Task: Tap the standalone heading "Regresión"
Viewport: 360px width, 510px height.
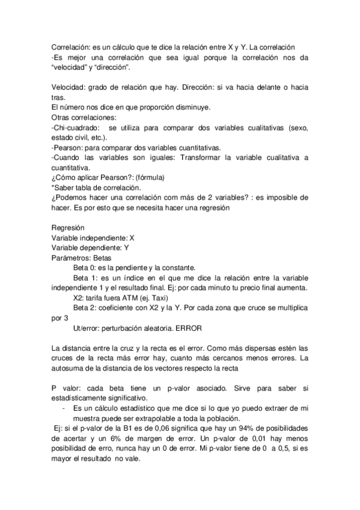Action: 68,228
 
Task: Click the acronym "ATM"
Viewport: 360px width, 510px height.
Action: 140,297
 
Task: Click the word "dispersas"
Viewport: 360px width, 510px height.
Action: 265,348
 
